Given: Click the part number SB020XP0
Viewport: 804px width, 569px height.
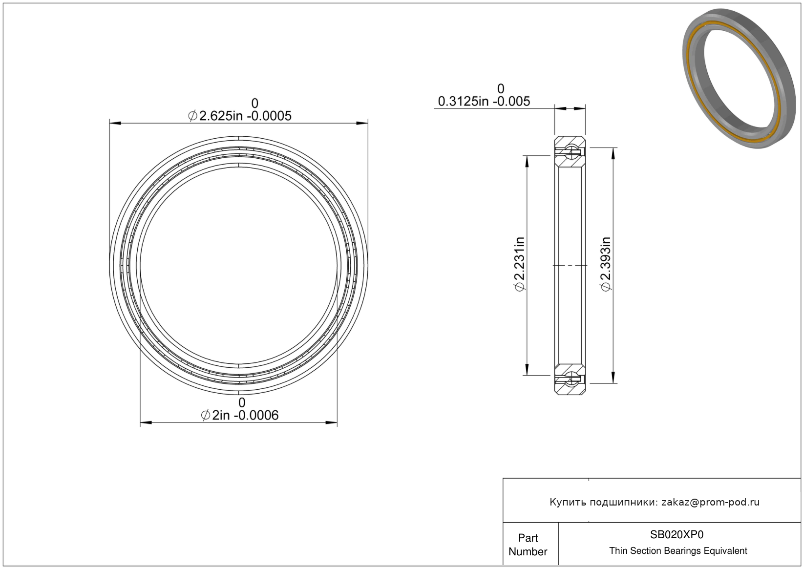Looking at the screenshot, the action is (677, 535).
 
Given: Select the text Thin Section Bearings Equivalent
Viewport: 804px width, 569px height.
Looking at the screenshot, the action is (678, 551).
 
